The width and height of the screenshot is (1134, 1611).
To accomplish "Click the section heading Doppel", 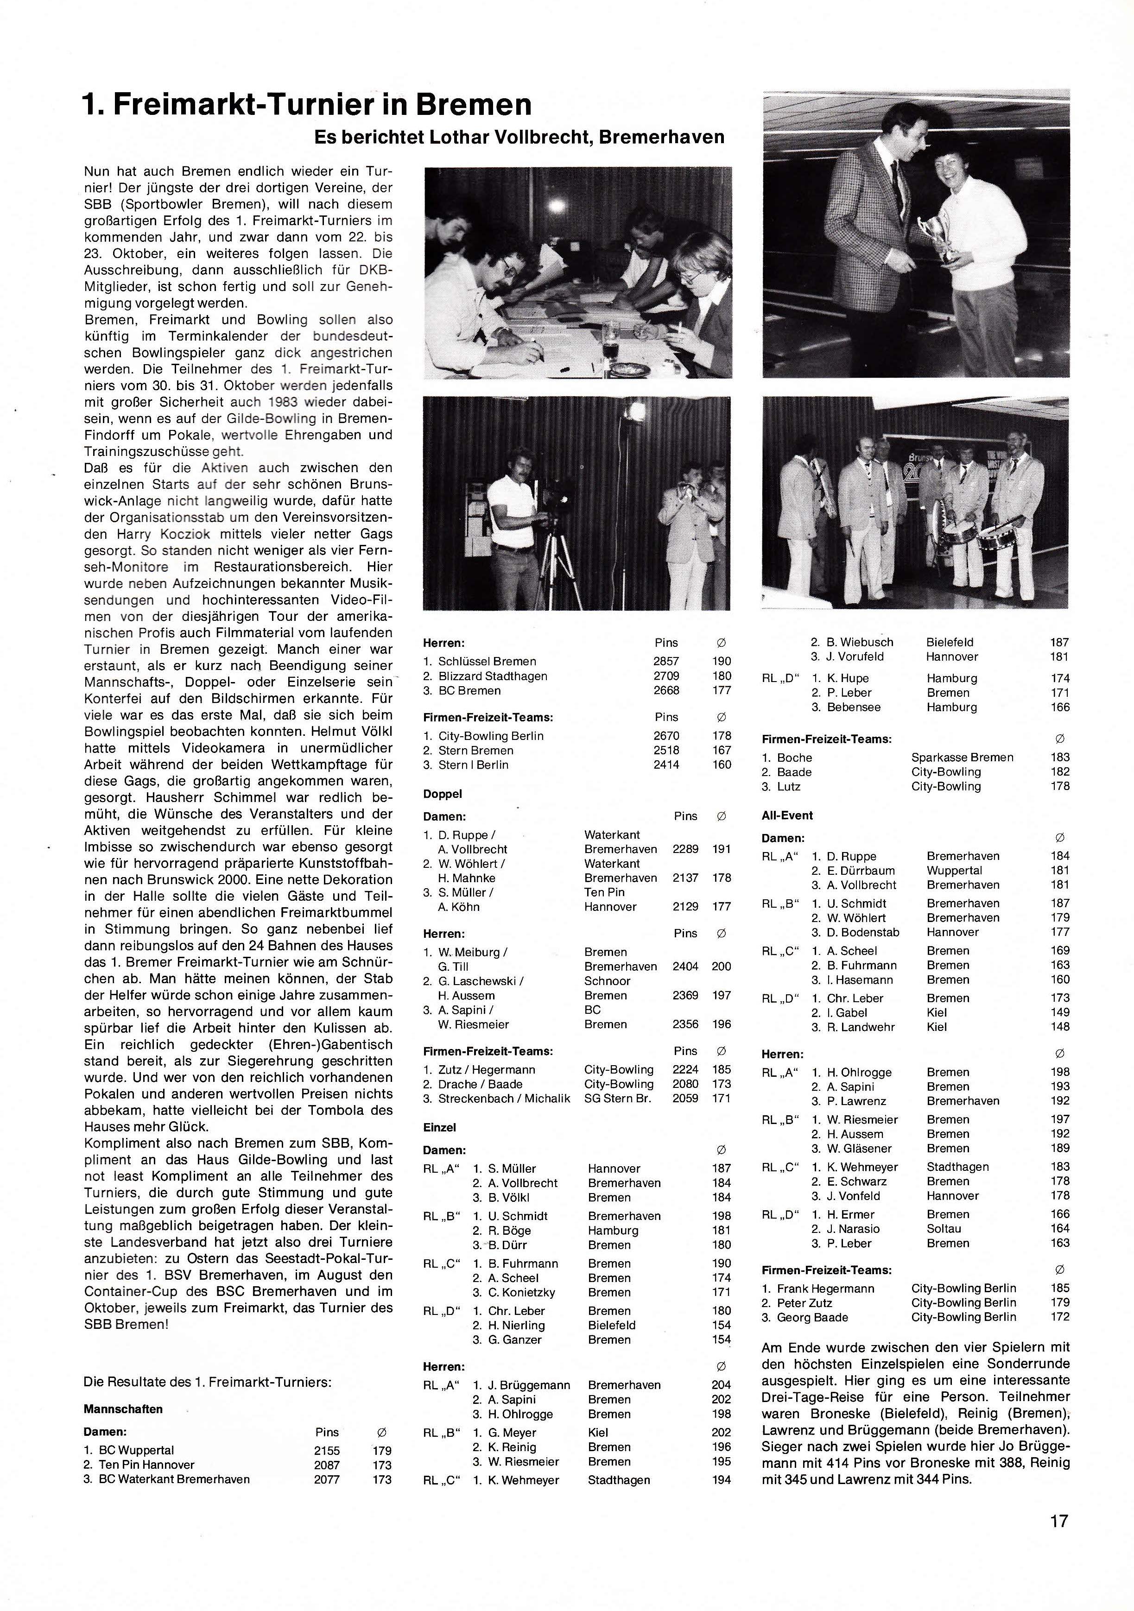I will pos(442,794).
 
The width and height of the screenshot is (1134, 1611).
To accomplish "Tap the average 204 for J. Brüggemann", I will pos(721,1384).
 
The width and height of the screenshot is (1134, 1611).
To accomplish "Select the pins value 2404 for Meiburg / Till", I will pos(685,966).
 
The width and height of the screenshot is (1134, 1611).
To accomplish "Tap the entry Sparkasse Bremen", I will pos(962,757).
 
